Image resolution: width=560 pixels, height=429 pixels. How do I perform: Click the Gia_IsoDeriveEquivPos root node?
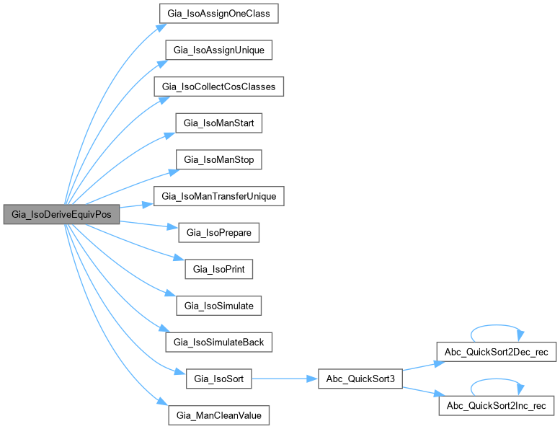pos(61,214)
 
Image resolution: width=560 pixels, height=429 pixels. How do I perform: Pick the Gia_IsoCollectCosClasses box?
pos(218,87)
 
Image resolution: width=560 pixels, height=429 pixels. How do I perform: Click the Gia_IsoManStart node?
pos(219,123)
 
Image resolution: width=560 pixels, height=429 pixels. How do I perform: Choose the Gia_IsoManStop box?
pos(219,159)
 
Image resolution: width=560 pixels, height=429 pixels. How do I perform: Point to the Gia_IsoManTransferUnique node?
pos(218,196)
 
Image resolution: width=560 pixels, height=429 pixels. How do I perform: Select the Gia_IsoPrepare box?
pos(219,232)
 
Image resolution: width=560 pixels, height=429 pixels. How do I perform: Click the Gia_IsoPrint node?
pos(219,269)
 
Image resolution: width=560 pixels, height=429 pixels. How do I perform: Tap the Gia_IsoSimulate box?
pos(219,306)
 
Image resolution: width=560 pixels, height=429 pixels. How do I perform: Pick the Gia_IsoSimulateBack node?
pos(219,342)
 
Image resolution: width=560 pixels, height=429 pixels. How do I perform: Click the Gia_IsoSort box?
pos(219,379)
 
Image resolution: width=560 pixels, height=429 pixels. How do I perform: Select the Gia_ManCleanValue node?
pos(219,415)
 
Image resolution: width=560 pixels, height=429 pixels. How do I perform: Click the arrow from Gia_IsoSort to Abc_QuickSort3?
pos(284,379)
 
